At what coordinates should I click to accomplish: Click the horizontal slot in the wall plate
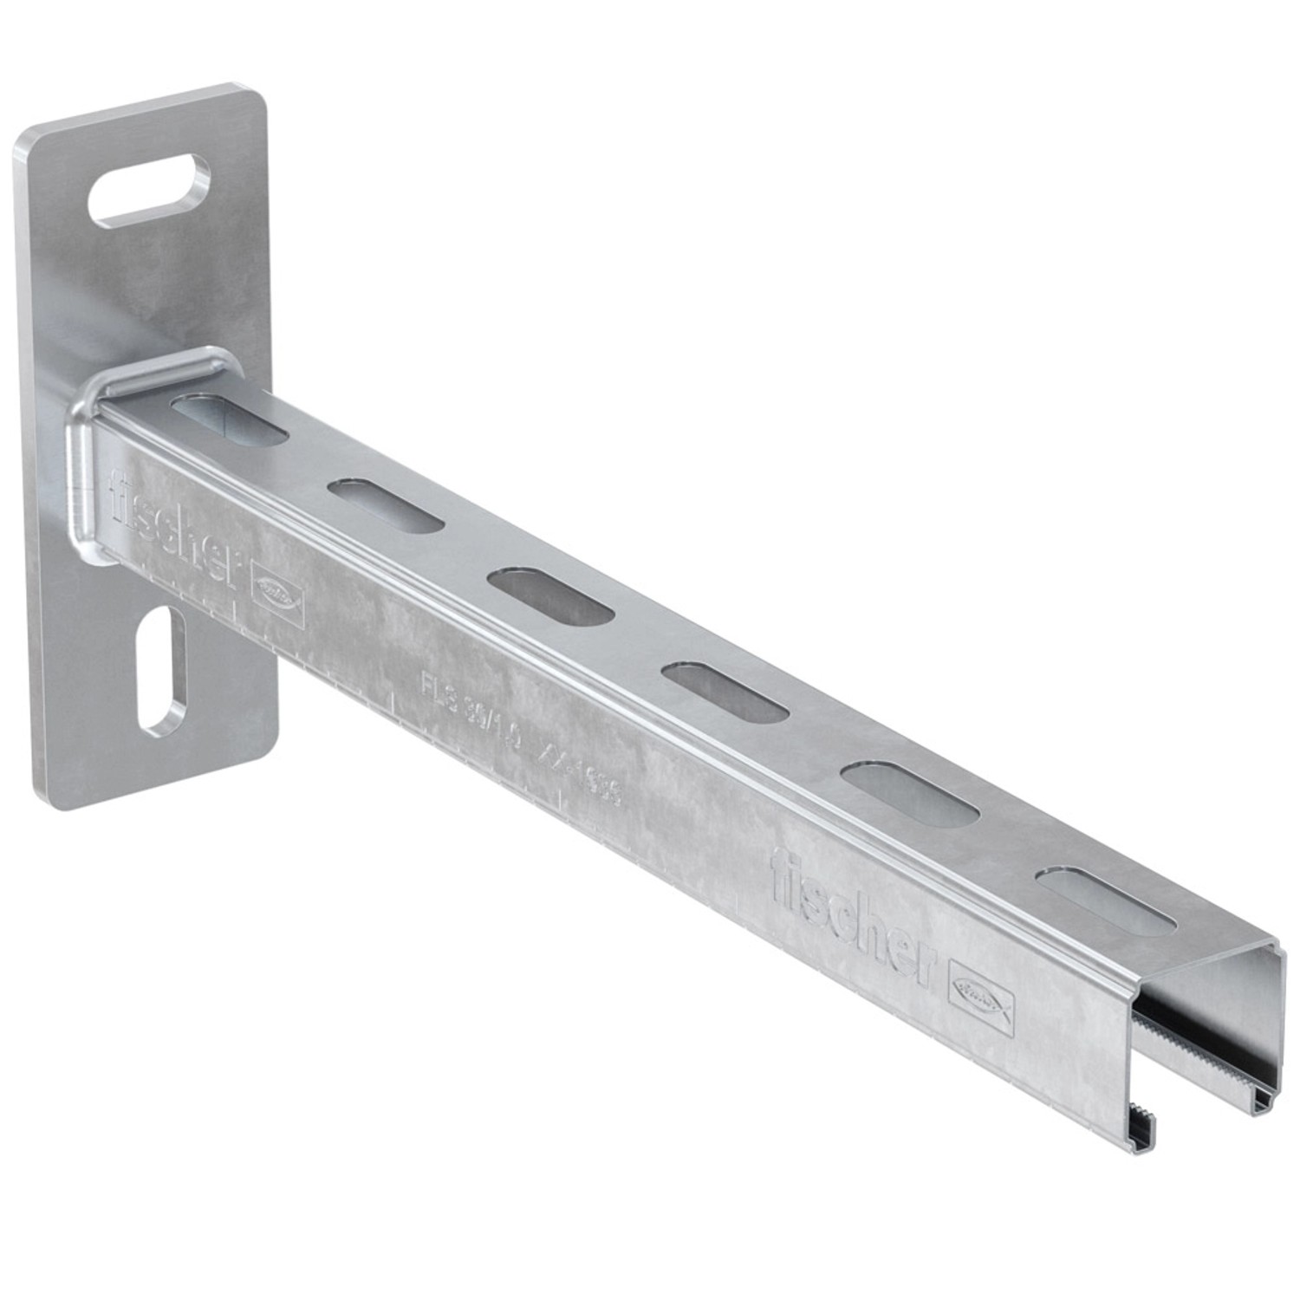coord(149,189)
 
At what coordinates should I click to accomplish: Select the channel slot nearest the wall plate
coord(230,420)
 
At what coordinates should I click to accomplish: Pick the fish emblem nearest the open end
coord(984,1001)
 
